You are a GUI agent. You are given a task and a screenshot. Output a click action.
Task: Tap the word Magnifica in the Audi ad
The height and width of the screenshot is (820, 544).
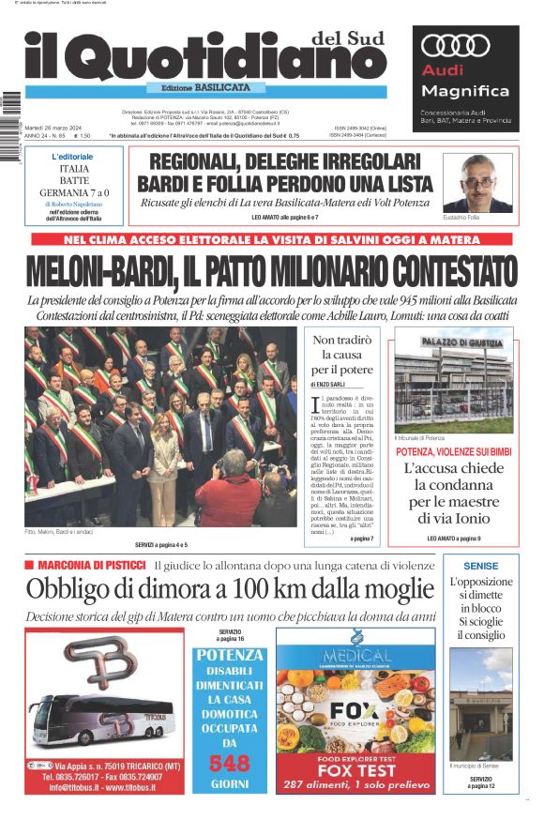tap(465, 91)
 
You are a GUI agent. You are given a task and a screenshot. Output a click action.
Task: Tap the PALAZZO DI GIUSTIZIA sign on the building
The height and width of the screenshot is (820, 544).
tap(454, 343)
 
